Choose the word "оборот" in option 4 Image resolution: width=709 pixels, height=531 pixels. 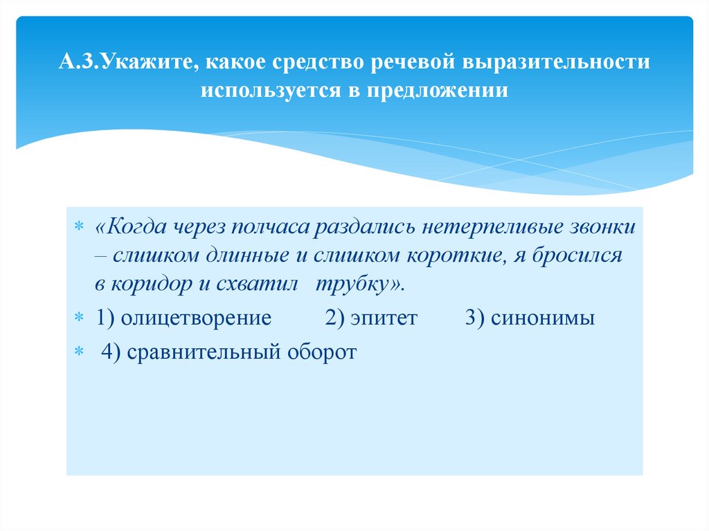(320, 352)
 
